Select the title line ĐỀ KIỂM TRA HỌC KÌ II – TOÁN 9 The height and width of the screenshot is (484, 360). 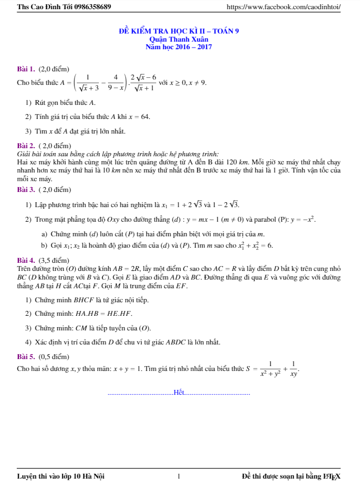point(179,31)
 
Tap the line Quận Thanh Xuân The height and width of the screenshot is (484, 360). point(179,39)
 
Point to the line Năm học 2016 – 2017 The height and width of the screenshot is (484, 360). point(179,47)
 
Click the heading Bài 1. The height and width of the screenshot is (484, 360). point(26,69)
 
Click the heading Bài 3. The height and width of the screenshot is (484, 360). point(26,190)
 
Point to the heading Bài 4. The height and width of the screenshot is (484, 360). point(26,260)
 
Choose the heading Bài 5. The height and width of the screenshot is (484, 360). point(26,356)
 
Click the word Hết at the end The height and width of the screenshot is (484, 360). point(179,392)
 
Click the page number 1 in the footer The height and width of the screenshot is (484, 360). point(178,476)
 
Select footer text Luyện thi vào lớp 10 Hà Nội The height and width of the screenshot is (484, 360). point(61,476)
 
